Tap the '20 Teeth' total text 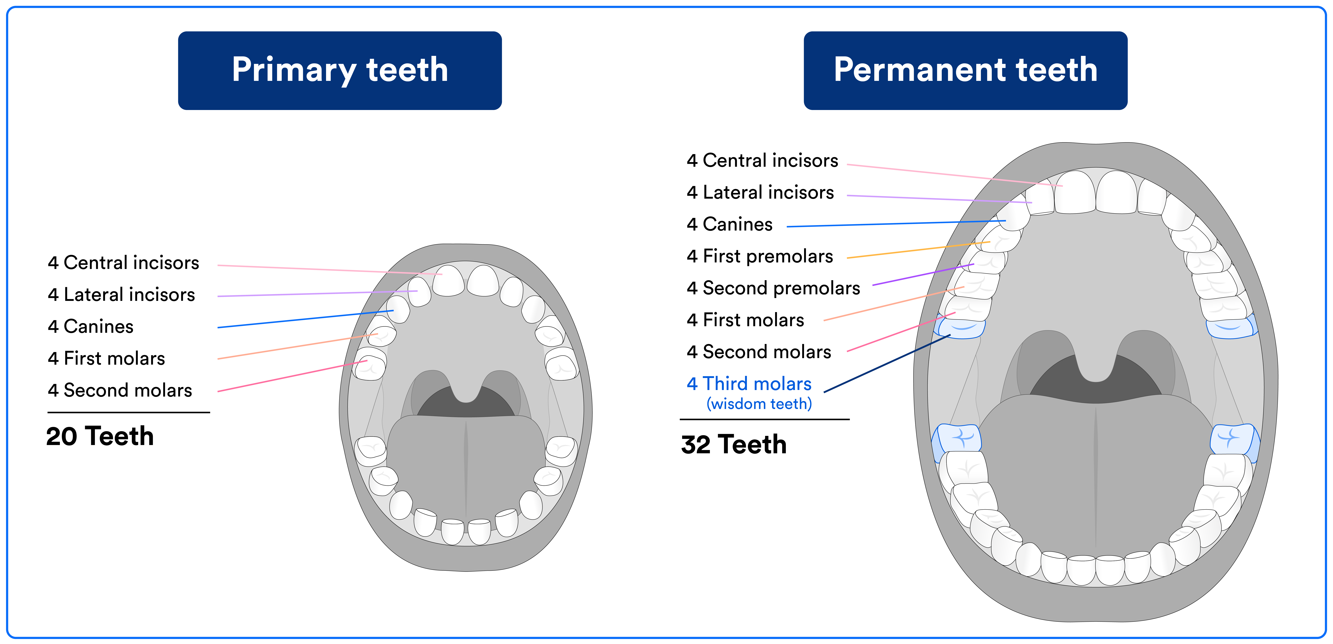(100, 436)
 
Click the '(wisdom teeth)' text (759, 403)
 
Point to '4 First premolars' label (760, 256)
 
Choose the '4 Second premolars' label (773, 288)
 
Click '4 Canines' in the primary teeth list (91, 326)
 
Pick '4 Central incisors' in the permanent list (762, 160)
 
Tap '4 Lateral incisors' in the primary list (121, 294)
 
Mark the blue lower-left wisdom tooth (958, 440)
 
